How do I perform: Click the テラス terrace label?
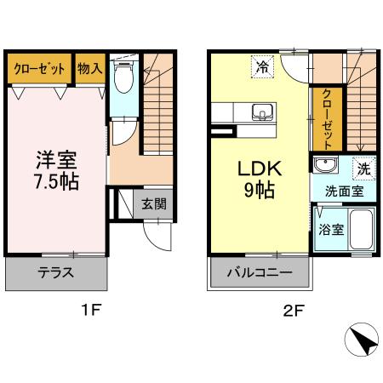55,273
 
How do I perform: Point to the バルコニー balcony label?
260,273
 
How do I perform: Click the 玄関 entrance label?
153,204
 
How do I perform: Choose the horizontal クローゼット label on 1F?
40,69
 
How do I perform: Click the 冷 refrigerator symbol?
263,66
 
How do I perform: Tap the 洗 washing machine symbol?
363,169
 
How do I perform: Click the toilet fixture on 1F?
123,78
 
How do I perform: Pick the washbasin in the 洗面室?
323,167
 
